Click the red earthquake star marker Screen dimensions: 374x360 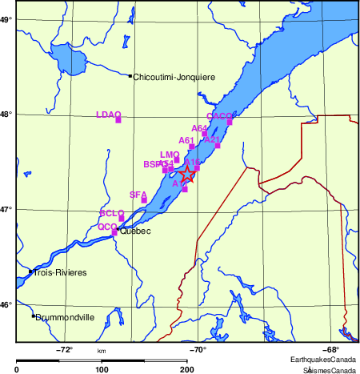pyautogui.click(x=187, y=174)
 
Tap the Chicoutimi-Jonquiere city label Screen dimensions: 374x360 pyautogui.click(x=174, y=77)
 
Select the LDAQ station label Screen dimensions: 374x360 pyautogui.click(x=107, y=115)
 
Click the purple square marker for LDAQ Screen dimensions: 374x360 pyautogui.click(x=118, y=120)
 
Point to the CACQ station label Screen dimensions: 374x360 pyautogui.click(x=218, y=116)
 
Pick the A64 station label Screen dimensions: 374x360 pyautogui.click(x=199, y=128)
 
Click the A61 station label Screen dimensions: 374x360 pyautogui.click(x=186, y=140)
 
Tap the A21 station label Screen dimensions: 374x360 pyautogui.click(x=212, y=139)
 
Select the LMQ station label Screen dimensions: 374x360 pyautogui.click(x=169, y=155)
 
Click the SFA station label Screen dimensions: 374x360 pyautogui.click(x=138, y=195)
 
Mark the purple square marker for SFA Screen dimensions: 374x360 pyautogui.click(x=144, y=200)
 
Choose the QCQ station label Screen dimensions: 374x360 pyautogui.click(x=106, y=227)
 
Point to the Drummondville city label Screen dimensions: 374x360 pyautogui.click(x=65, y=317)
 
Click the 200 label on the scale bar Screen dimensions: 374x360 pyautogui.click(x=187, y=369)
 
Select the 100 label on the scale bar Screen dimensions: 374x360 pyautogui.click(x=102, y=369)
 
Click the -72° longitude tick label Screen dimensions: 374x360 pyautogui.click(x=64, y=349)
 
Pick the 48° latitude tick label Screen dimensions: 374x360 pyautogui.click(x=6, y=114)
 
